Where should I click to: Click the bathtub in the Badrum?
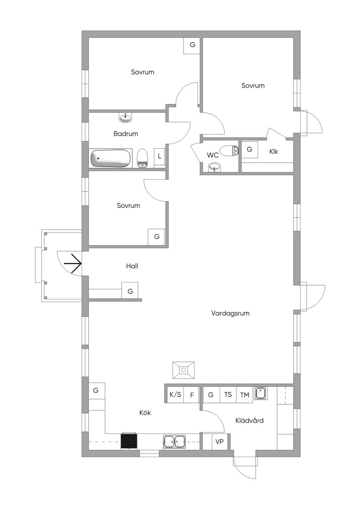pos(110,158)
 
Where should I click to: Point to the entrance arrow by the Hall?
pos(72,263)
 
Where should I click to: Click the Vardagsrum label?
pos(230,313)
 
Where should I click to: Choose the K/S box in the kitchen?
pos(175,395)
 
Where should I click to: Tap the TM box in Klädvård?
pos(244,395)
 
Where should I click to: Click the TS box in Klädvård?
pos(228,395)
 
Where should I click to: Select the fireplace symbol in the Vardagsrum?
pos(184,370)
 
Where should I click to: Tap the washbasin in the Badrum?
pos(125,118)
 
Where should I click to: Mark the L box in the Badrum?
pos(159,156)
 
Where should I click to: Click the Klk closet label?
pos(274,151)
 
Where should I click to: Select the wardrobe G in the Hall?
pos(130,291)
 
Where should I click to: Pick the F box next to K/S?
pos(192,395)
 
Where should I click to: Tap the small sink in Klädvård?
pos(261,393)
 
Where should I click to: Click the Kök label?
pos(145,413)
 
